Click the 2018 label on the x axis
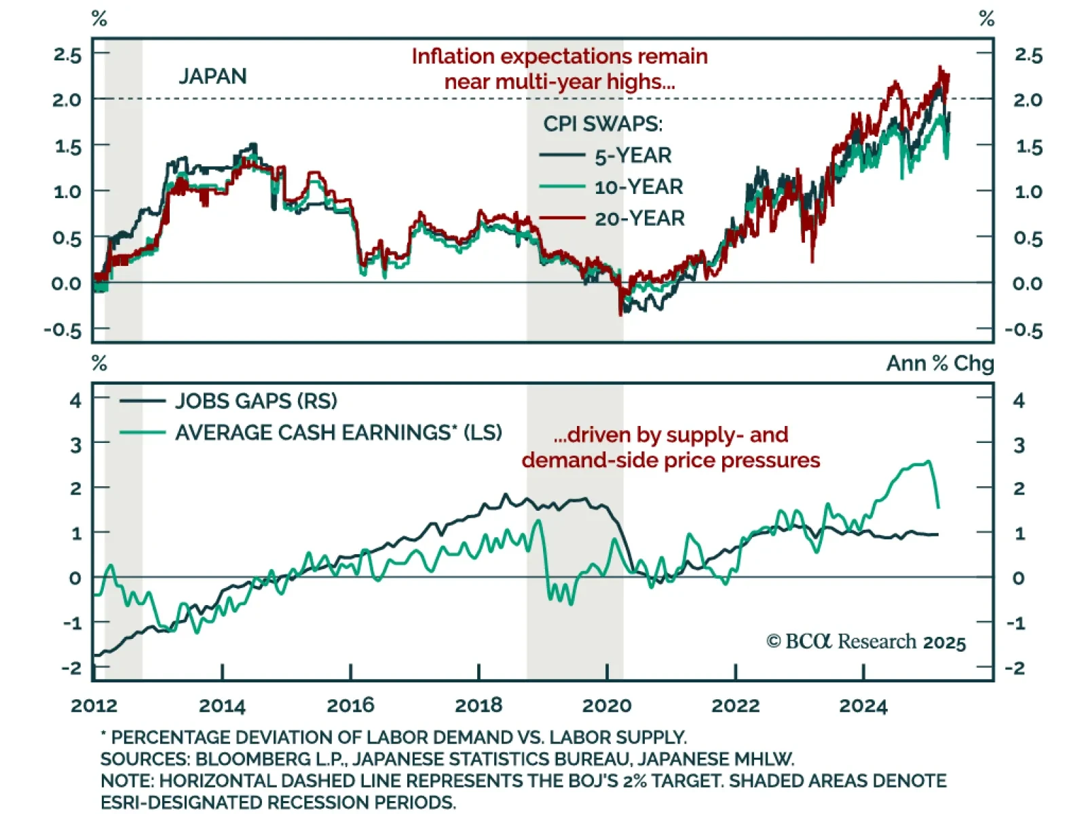pyautogui.click(x=479, y=705)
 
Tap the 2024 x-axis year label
pyautogui.click(x=863, y=705)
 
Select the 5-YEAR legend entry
pyautogui.click(x=633, y=155)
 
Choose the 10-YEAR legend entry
pyautogui.click(x=638, y=187)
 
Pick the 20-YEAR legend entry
pyautogui.click(x=639, y=218)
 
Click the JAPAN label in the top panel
pyautogui.click(x=212, y=76)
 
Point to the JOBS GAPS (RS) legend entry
pyautogui.click(x=256, y=401)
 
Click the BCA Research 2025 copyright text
pyautogui.click(x=866, y=642)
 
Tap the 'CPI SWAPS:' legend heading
pyautogui.click(x=603, y=123)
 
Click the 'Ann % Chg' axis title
pyautogui.click(x=939, y=364)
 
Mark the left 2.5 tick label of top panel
pyautogui.click(x=67, y=55)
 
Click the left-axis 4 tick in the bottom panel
pyautogui.click(x=75, y=400)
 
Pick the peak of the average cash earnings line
pyautogui.click(x=929, y=462)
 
